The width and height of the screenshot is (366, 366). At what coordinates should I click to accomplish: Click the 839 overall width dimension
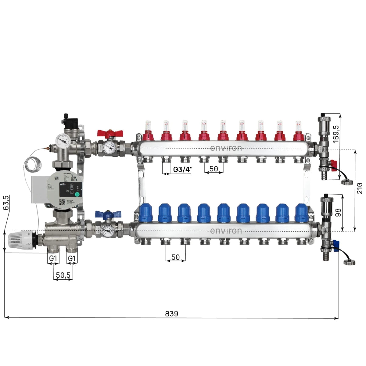[x=171, y=314]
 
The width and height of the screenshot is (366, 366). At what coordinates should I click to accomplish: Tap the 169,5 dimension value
[x=336, y=134]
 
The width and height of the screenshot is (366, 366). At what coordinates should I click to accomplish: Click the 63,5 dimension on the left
[x=6, y=203]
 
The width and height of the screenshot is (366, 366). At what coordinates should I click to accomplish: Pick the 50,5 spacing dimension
[x=63, y=275]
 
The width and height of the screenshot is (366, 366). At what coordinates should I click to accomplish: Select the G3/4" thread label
[x=183, y=170]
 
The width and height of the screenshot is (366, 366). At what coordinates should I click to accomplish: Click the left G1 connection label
[x=53, y=258]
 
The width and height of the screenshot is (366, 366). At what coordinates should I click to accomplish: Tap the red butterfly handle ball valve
[x=110, y=134]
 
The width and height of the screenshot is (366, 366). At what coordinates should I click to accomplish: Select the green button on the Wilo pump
[x=77, y=194]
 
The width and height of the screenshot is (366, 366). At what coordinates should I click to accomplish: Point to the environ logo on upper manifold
[x=226, y=148]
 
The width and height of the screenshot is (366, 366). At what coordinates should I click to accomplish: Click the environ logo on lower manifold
[x=226, y=231]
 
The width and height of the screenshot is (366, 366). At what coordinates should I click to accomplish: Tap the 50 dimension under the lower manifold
[x=175, y=257]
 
